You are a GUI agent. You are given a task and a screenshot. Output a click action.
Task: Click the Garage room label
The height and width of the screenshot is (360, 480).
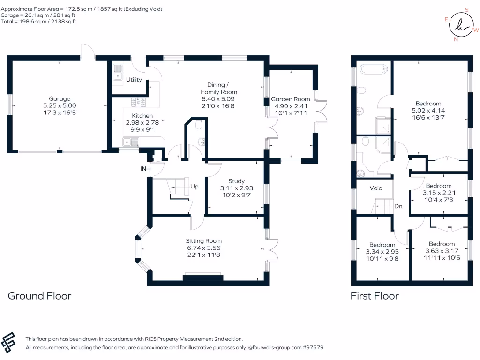[60, 98]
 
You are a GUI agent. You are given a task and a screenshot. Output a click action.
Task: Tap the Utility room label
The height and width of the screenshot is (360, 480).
[134, 80]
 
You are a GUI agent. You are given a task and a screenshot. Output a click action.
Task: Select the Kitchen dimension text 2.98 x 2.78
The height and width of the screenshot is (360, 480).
[142, 122]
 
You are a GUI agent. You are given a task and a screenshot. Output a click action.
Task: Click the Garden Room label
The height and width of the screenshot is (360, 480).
[291, 99]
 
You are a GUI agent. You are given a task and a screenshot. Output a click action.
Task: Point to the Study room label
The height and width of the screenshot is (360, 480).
[236, 181]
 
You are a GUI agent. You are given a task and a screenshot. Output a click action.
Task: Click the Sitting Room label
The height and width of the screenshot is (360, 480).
[203, 241]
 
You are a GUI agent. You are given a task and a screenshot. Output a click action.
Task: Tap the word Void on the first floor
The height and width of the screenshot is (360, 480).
[376, 188]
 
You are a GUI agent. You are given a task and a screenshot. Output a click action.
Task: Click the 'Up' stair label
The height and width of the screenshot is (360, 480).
[195, 187]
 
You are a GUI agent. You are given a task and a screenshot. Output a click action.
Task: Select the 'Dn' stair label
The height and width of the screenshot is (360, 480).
[398, 206]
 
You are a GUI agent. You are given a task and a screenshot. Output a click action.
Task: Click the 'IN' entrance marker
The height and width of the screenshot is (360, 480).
[143, 169]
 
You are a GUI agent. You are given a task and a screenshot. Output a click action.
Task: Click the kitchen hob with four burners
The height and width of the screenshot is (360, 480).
[138, 102]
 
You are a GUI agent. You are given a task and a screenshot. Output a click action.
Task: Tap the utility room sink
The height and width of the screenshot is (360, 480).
[118, 72]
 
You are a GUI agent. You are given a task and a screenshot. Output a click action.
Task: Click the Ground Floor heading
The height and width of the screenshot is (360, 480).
[39, 296]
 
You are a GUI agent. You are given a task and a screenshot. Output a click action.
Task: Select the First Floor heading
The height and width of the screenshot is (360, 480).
[375, 296]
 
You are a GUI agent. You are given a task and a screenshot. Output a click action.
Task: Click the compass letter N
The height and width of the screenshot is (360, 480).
[456, 39]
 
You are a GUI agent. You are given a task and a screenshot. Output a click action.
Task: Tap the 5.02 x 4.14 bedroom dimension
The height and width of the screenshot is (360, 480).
[428, 111]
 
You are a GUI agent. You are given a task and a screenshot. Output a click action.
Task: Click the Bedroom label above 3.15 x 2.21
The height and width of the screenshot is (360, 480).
[439, 186]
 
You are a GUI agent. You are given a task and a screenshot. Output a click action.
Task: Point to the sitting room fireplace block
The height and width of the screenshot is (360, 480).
[203, 277]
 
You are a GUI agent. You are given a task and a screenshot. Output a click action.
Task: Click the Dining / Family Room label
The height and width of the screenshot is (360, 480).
[219, 89]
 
